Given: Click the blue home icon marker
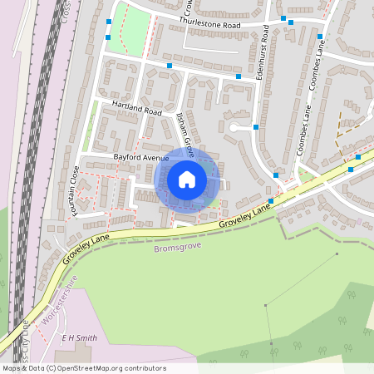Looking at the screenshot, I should tap(187, 180).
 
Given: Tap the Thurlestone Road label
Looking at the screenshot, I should tap(210, 26).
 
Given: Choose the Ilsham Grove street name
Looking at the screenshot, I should tap(185, 136).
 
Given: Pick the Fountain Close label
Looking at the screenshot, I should tap(74, 191).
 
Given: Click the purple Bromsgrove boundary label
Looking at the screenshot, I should tap(176, 248).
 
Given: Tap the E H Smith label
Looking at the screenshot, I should tap(79, 338).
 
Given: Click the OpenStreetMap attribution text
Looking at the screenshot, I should tap(84, 368).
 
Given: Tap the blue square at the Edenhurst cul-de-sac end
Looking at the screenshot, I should tap(256, 127).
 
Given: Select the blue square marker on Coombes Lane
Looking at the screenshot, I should tap(320, 37).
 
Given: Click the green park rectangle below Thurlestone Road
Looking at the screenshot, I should tap(127, 30).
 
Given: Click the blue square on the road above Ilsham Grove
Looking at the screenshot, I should tap(170, 65).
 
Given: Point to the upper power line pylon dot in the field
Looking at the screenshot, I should tap(337, 253).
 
